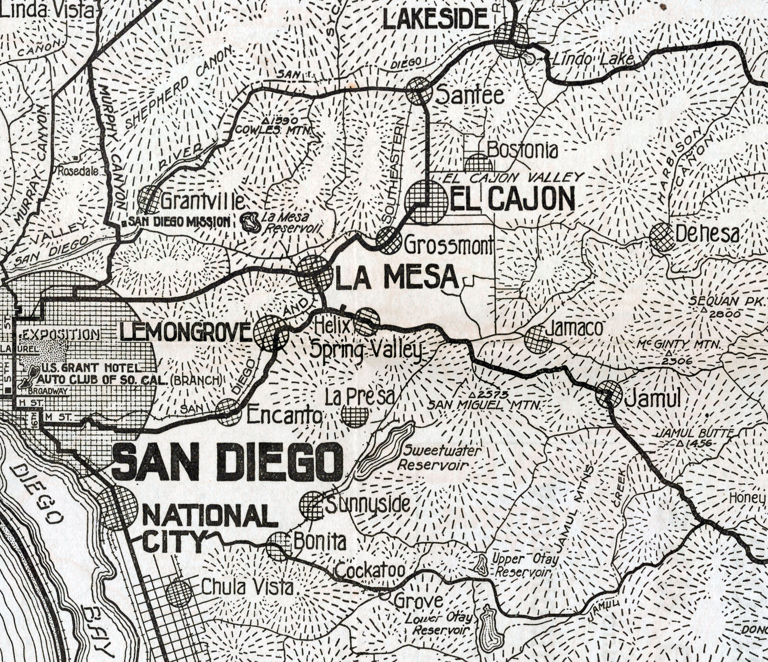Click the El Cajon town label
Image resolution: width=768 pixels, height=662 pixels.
[512, 200]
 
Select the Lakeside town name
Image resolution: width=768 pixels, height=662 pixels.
[435, 20]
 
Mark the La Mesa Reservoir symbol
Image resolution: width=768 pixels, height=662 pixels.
[251, 222]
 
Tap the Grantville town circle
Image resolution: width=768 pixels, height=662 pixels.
[150, 198]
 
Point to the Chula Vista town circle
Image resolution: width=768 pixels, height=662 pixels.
[180, 593]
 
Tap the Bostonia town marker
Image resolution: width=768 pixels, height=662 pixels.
[478, 163]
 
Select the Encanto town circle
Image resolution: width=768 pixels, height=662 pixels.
[228, 412]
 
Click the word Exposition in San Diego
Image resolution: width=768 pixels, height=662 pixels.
[61, 335]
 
